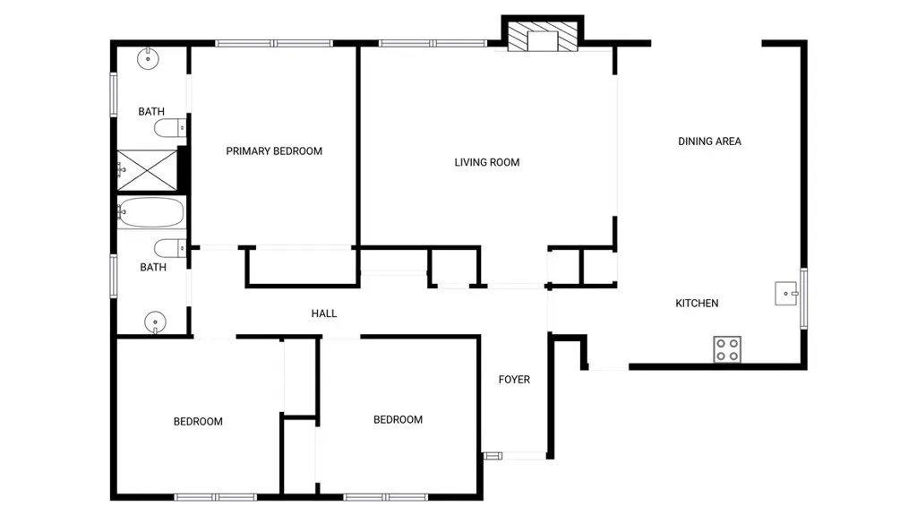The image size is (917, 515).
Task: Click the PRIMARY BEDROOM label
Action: point(274,151)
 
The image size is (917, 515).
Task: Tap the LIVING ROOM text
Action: point(486,162)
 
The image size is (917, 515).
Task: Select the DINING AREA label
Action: point(709,141)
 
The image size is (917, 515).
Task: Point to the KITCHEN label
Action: point(697,303)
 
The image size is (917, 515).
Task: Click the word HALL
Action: point(323,313)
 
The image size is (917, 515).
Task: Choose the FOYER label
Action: point(514,379)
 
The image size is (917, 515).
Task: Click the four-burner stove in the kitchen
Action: point(727,349)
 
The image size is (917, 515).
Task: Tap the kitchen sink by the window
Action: point(786,293)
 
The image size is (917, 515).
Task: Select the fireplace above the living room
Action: point(542,38)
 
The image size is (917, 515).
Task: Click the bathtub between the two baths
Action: point(150,212)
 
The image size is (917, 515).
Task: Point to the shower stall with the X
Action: point(148,169)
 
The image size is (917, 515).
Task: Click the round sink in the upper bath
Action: point(148,58)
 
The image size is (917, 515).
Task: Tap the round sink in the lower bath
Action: point(155,322)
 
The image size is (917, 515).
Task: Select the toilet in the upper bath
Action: point(170,127)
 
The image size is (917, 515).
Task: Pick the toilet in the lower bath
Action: point(170,248)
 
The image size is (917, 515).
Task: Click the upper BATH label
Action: point(150,111)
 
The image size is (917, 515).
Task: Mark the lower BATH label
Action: point(152,268)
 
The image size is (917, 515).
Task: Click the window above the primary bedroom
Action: point(274,43)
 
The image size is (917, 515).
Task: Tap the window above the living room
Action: point(433,43)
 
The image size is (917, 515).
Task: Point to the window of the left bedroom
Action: point(215,497)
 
